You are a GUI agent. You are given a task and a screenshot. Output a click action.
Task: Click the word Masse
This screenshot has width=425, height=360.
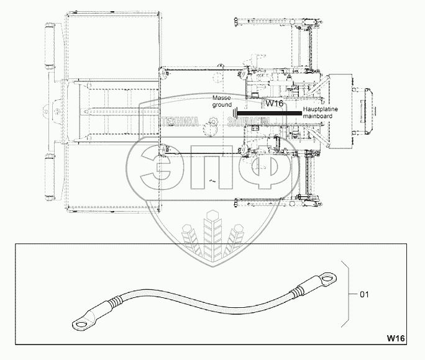tap(221, 99)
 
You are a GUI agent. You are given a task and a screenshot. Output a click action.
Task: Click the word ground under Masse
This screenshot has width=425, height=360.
tap(222, 106)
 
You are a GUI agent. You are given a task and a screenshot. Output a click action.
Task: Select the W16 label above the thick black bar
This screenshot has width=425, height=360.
tap(274, 104)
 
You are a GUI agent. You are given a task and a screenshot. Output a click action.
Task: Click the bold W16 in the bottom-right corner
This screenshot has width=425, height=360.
tap(395, 338)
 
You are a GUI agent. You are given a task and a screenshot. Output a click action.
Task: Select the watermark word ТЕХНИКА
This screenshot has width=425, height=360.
tap(180, 122)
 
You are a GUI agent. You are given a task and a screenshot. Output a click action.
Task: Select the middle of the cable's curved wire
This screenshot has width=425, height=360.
tap(205, 295)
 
